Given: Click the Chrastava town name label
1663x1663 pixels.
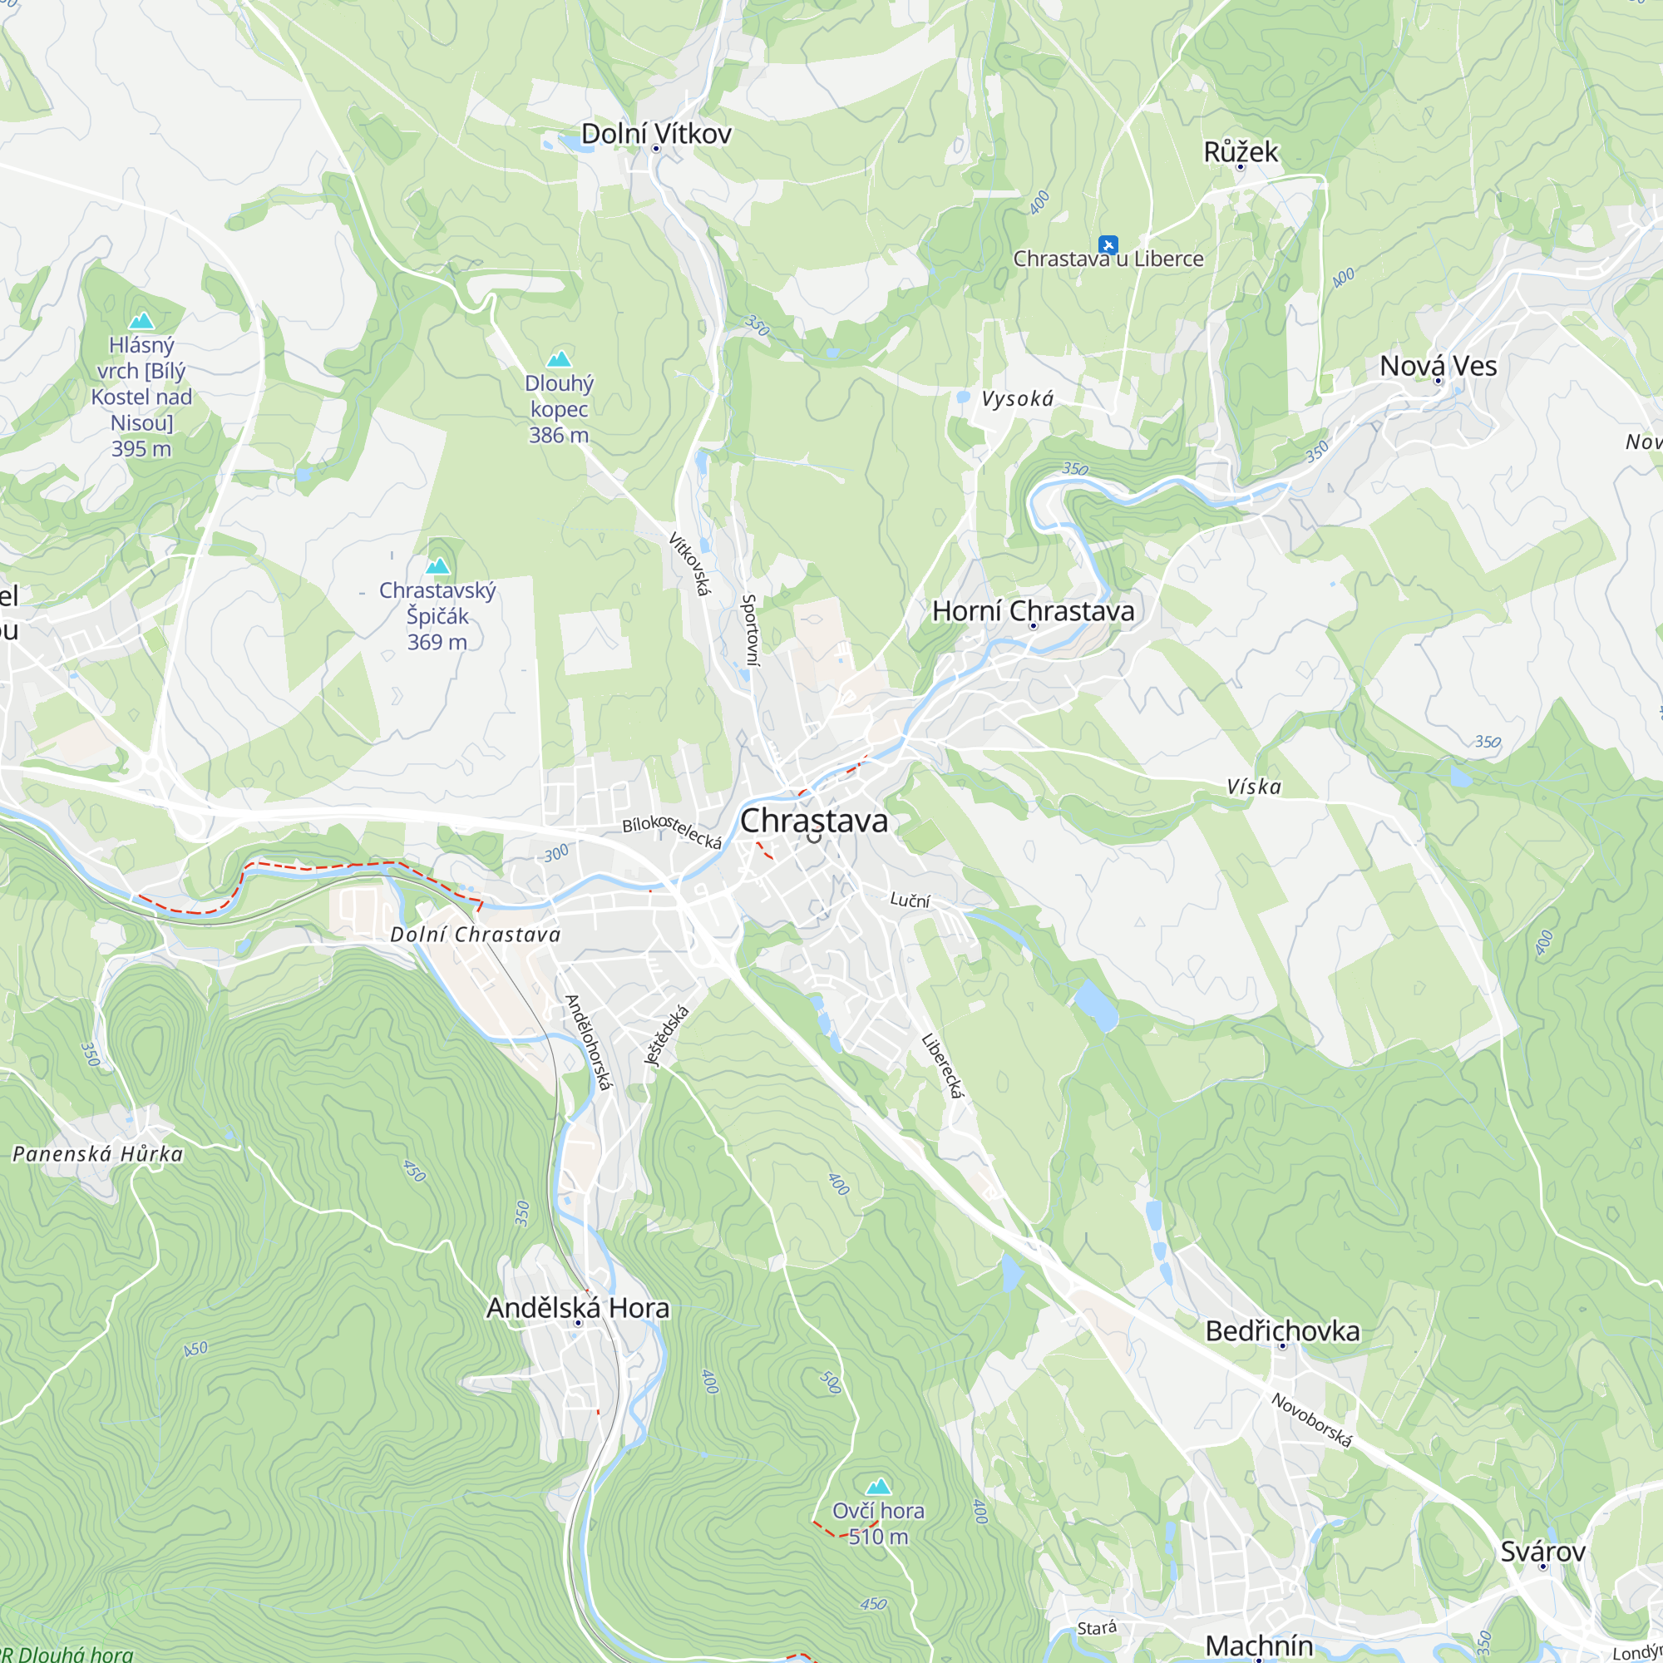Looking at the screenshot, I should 813,821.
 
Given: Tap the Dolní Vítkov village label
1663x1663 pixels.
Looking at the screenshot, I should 656,133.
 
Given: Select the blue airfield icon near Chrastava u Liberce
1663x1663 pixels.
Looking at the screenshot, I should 1108,244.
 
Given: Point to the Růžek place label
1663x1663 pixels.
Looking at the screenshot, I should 1241,152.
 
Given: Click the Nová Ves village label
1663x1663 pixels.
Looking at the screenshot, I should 1438,366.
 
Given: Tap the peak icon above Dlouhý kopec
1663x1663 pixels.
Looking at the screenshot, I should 560,358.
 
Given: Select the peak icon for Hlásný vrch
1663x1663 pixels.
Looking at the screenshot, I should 141,321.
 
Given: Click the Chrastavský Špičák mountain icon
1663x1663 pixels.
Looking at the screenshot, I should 438,565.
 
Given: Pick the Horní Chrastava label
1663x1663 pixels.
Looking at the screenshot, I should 1033,611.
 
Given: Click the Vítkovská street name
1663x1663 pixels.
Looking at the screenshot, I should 690,564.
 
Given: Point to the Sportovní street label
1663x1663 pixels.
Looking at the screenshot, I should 751,629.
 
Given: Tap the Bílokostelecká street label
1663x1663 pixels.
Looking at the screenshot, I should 671,831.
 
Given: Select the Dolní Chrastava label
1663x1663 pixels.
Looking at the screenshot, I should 475,935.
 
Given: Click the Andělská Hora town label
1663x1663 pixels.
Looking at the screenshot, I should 578,1307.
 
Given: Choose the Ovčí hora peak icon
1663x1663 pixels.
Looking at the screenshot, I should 878,1486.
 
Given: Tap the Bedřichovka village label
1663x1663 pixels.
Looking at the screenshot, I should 1281,1330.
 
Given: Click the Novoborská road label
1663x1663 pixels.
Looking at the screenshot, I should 1312,1420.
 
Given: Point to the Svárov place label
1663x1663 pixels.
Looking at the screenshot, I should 1542,1551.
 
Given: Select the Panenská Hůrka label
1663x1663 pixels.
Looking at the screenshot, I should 98,1154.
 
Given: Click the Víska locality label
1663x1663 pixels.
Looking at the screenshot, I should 1253,787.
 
